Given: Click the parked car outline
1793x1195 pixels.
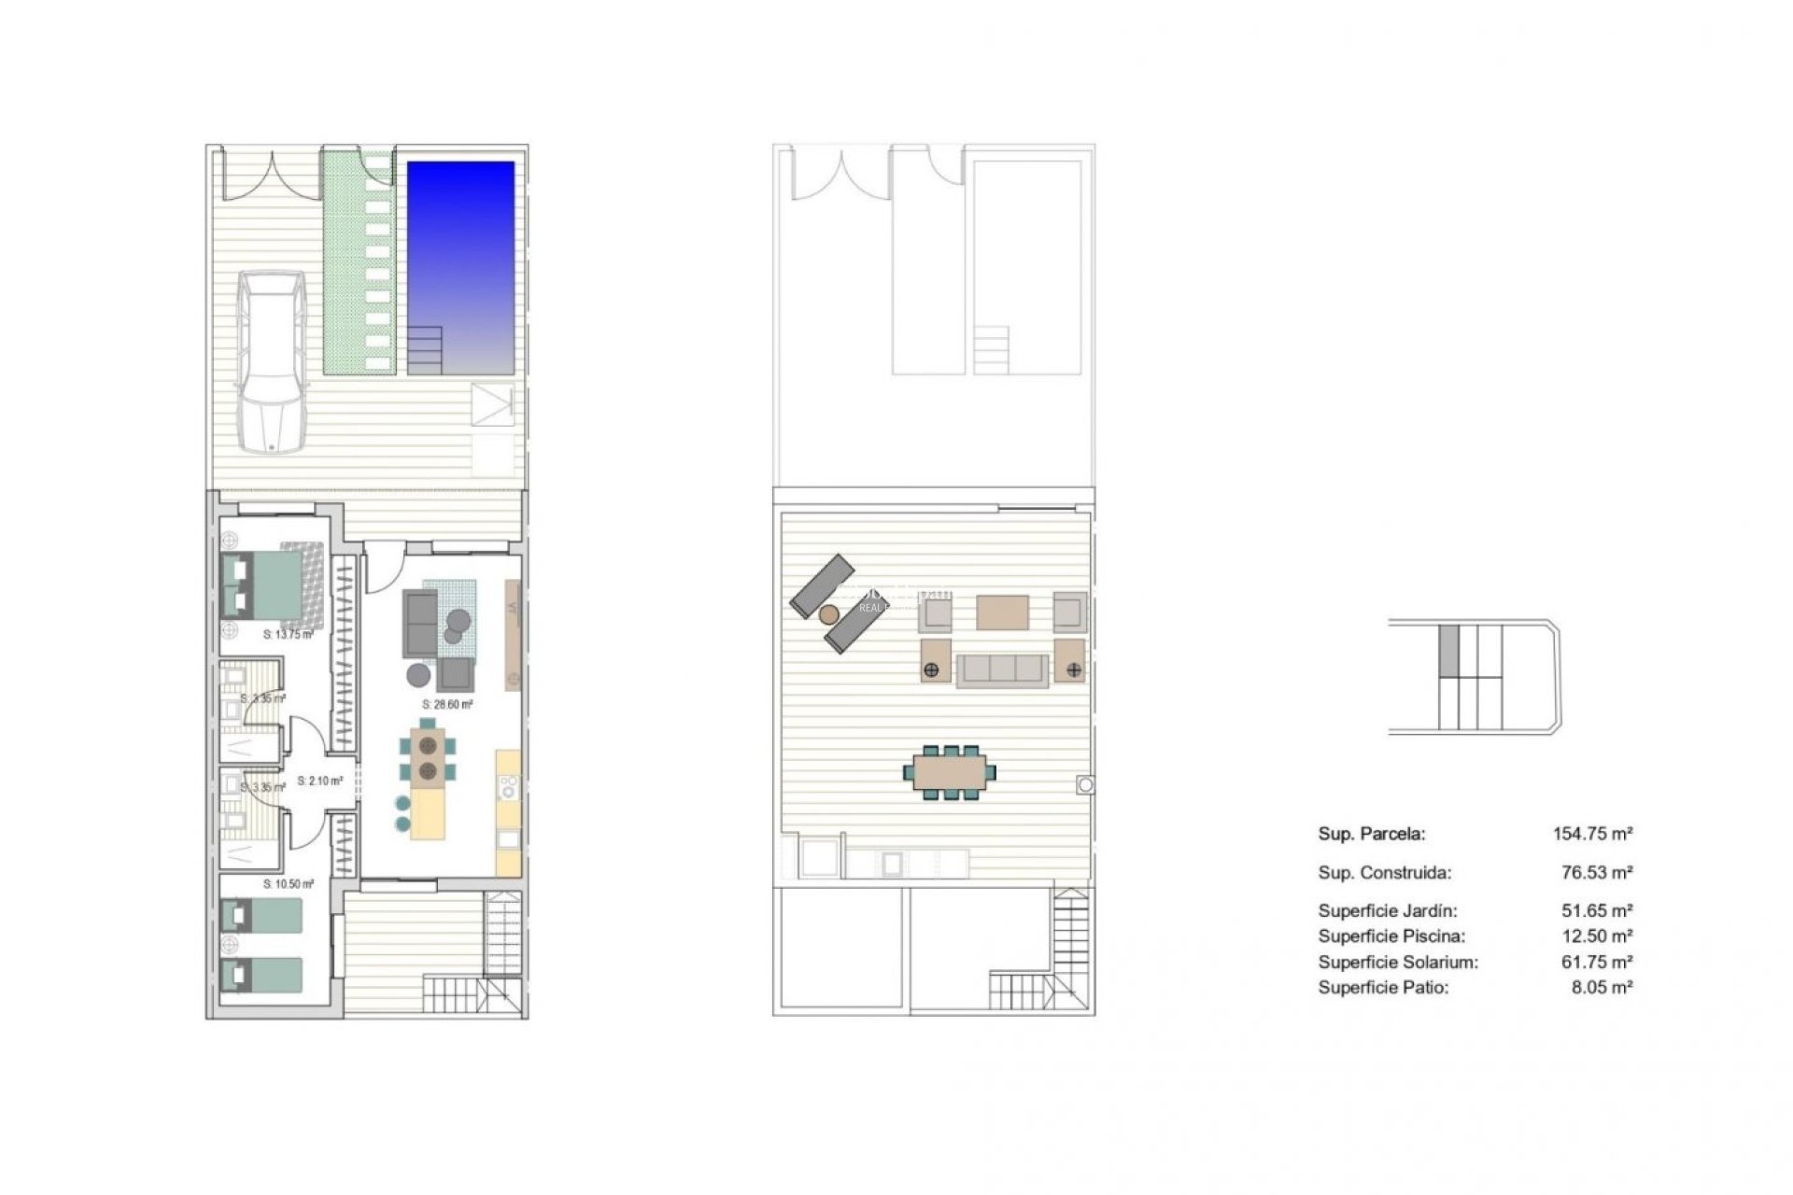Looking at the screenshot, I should coord(270,362).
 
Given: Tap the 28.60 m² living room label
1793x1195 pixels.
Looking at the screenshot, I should coord(447,705).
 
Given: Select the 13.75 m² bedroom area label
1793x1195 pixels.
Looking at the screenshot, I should coord(288,635).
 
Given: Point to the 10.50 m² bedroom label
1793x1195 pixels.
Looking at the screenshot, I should coord(289,883).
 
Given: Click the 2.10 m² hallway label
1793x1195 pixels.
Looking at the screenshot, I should coord(320,780).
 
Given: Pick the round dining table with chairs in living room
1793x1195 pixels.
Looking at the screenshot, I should coord(429,757).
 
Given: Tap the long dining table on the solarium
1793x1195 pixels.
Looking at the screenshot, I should coord(949,772).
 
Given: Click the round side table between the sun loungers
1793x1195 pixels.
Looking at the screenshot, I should coord(828,613).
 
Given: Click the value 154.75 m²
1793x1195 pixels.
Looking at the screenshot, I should coord(1592,834).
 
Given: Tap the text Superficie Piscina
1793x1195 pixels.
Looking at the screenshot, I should coord(1391,936).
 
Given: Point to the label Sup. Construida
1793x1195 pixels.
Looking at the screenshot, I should coord(1384,873).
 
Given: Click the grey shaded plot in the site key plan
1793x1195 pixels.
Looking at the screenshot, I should coord(1448,650).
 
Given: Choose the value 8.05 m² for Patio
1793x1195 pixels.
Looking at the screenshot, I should coord(1602,987).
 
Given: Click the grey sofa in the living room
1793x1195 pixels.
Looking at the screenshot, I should coord(420,623).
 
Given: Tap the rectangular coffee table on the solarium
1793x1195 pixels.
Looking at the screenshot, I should coord(1002,612).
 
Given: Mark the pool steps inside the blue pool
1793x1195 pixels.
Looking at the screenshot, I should coord(425,349).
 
